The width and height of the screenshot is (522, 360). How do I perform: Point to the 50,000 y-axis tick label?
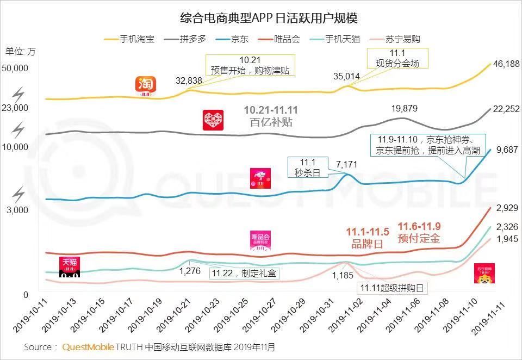point(15,68)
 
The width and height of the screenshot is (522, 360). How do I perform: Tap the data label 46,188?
point(506,64)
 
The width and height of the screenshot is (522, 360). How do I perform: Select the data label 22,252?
point(506,109)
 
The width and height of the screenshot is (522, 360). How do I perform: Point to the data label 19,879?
point(405,108)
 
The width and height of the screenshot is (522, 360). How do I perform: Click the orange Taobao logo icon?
point(146,86)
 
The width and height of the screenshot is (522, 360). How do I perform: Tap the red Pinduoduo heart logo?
point(213,120)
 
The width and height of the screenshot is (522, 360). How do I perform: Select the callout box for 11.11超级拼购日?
point(391,288)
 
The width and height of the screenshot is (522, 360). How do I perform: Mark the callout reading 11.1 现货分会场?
point(397,58)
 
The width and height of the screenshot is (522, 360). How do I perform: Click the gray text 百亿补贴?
point(271,122)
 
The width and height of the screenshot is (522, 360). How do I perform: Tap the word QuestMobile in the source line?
point(89,347)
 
